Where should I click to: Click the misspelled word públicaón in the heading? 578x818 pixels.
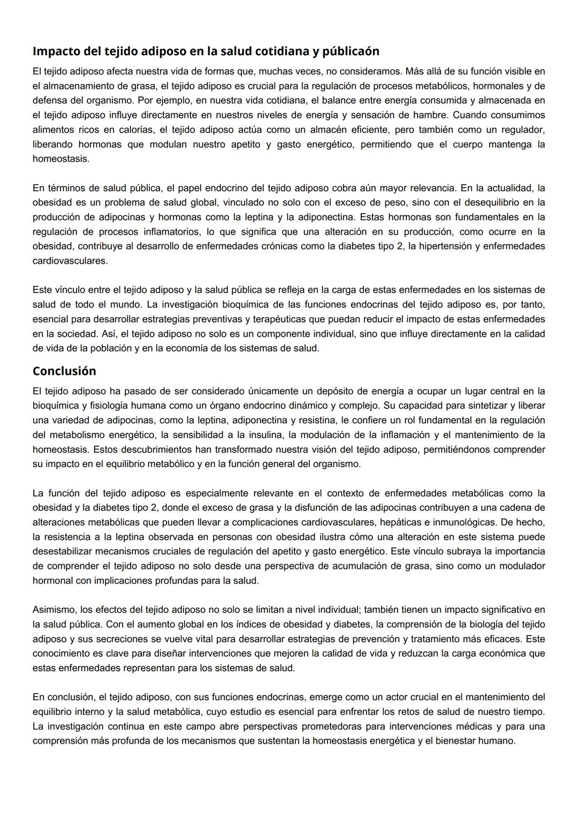click(350, 51)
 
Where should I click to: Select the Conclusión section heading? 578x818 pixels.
click(64, 371)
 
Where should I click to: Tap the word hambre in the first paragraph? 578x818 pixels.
click(425, 115)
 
